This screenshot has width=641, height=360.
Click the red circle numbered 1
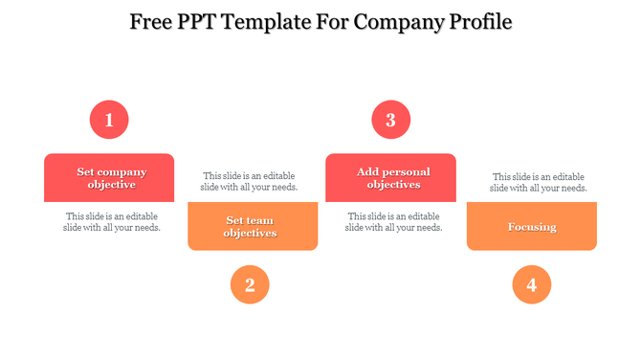(109, 120)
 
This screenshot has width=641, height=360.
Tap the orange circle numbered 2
(250, 284)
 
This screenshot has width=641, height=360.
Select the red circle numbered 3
(390, 120)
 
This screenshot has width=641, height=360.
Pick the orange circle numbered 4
(531, 284)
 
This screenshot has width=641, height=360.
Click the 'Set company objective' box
(109, 178)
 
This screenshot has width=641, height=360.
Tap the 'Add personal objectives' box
(390, 178)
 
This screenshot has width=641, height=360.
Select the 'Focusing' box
(532, 227)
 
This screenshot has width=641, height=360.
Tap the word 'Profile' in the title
(477, 21)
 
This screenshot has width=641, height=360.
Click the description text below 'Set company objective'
(111, 222)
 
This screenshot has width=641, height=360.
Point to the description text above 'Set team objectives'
(249, 181)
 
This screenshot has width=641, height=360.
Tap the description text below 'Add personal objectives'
(393, 222)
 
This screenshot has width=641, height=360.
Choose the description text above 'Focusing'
(538, 182)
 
